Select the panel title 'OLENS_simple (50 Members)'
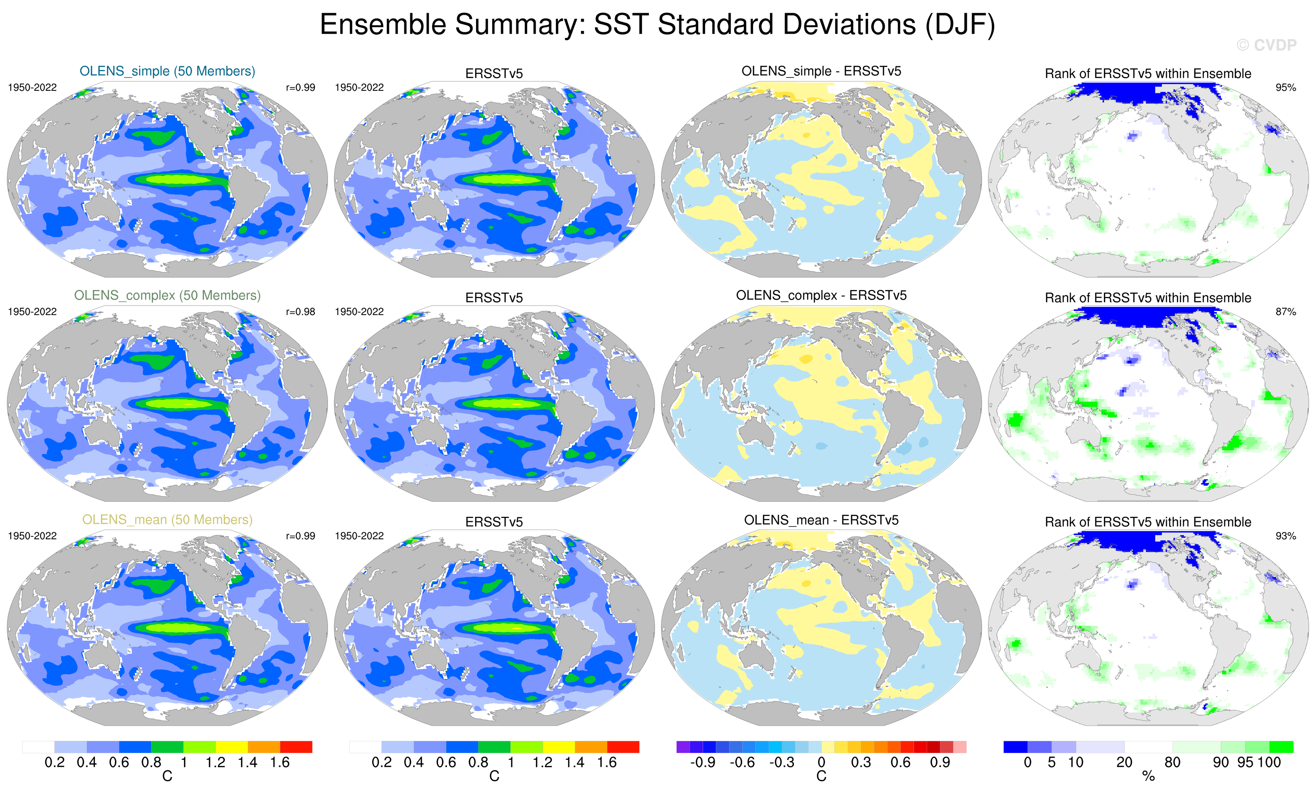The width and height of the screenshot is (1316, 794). click(x=167, y=71)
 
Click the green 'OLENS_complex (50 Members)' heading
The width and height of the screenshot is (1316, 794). click(x=167, y=295)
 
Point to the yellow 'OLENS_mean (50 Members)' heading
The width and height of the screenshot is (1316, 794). click(x=167, y=520)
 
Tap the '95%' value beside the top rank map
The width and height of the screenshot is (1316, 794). click(x=1285, y=88)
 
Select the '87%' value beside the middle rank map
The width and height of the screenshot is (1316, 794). click(x=1285, y=311)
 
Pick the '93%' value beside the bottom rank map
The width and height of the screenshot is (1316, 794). click(x=1285, y=536)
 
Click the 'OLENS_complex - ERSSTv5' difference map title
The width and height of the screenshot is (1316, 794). click(x=821, y=295)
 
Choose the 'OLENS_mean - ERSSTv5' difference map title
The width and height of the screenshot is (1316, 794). click(x=821, y=520)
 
